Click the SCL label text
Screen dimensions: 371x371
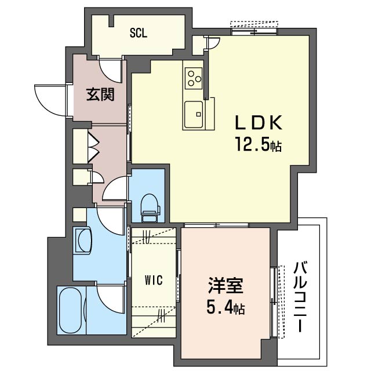138,33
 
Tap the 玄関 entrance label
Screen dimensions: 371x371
100,94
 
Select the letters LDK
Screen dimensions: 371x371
258,123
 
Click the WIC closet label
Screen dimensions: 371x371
153,280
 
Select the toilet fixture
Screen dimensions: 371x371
150,208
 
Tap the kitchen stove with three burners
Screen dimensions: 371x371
194,77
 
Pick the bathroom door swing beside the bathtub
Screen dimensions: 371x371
110,299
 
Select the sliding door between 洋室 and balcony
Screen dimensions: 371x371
274,301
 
